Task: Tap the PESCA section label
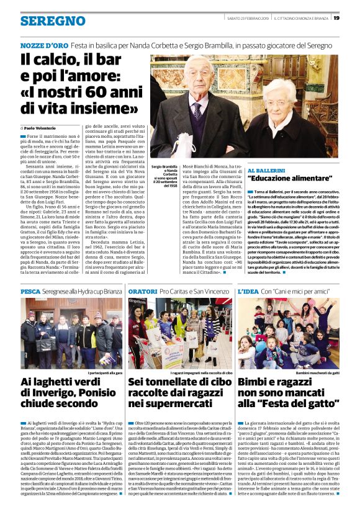pyautogui.click(x=30, y=291)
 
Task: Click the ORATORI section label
pyautogui.click(x=142, y=291)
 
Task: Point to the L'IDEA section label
pyautogui.click(x=248, y=291)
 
